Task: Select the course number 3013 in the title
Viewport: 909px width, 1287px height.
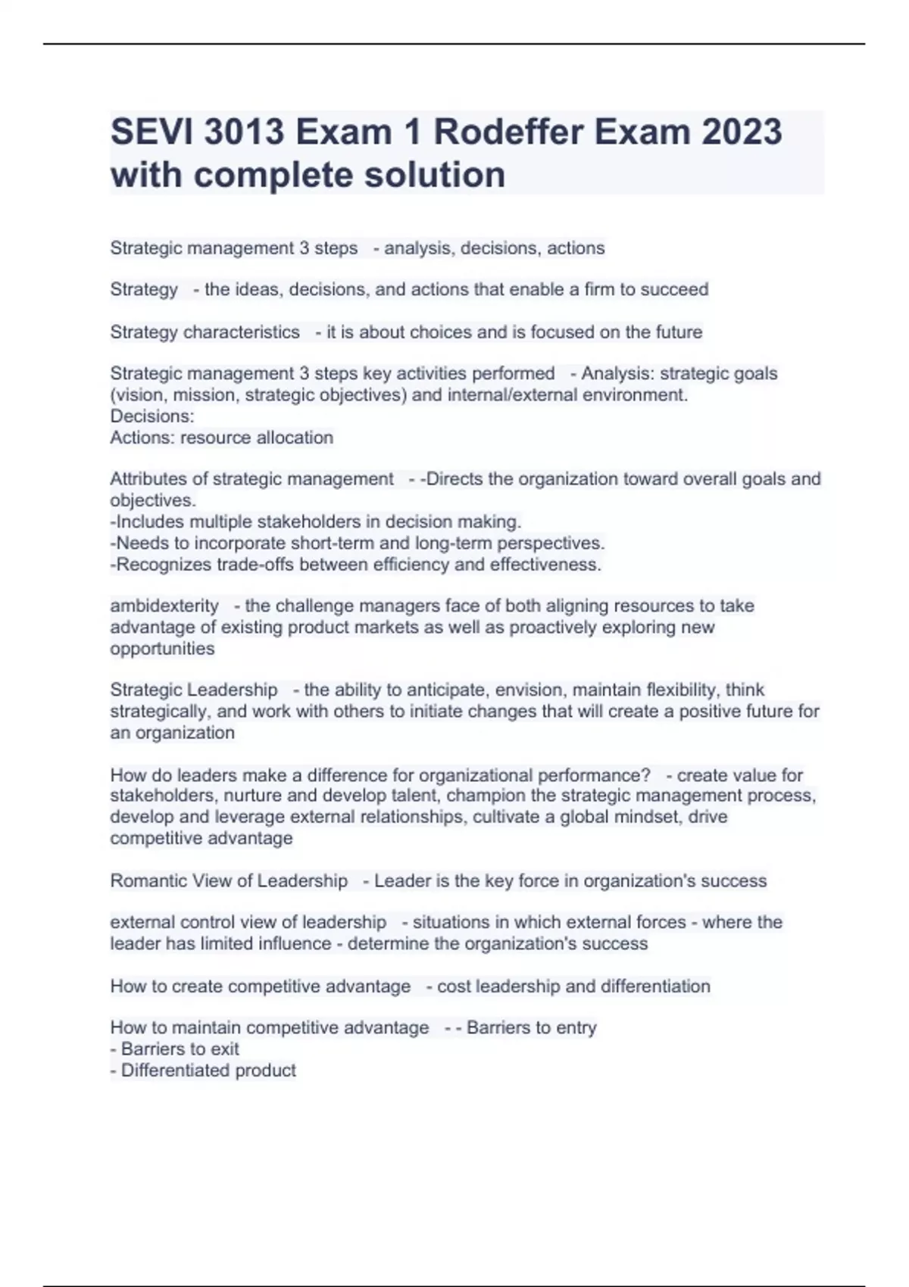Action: pyautogui.click(x=244, y=132)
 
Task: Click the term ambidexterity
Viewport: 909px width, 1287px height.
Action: pyautogui.click(x=164, y=606)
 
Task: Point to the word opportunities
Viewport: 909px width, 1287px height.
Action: pyautogui.click(x=162, y=649)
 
